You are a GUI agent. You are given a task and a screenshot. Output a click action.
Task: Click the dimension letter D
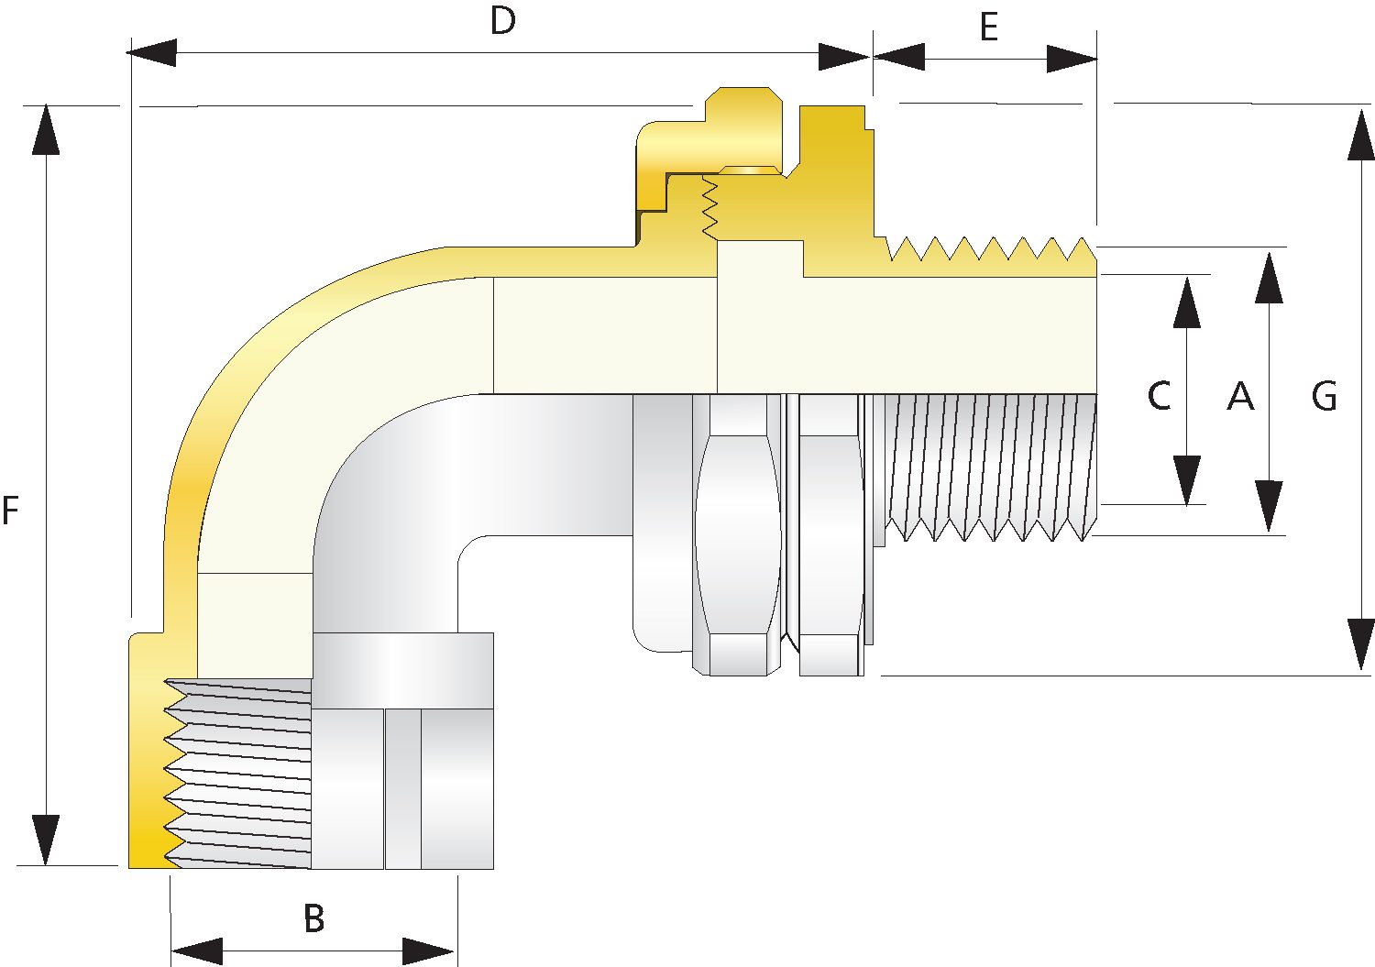(502, 22)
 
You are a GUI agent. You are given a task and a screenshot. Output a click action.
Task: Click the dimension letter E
(988, 28)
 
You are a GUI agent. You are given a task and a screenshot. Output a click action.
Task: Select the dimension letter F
(11, 511)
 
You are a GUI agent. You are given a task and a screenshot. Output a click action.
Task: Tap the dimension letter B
(313, 918)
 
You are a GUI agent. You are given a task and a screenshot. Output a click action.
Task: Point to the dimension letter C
(1159, 396)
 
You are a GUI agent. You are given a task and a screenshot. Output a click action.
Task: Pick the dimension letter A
(1239, 396)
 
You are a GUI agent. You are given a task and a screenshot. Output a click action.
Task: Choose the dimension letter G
(1324, 396)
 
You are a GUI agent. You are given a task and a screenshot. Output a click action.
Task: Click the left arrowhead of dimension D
(152, 53)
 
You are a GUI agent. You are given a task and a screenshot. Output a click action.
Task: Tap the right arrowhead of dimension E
(1072, 60)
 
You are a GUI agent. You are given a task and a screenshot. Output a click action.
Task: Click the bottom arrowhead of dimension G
(1360, 645)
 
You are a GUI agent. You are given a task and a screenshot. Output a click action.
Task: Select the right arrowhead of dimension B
(428, 951)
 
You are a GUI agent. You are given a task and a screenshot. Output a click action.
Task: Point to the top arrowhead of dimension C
(1187, 302)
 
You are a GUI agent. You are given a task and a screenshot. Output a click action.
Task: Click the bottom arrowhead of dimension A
(1269, 506)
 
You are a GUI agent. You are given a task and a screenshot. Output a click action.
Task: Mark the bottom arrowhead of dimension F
(45, 840)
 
